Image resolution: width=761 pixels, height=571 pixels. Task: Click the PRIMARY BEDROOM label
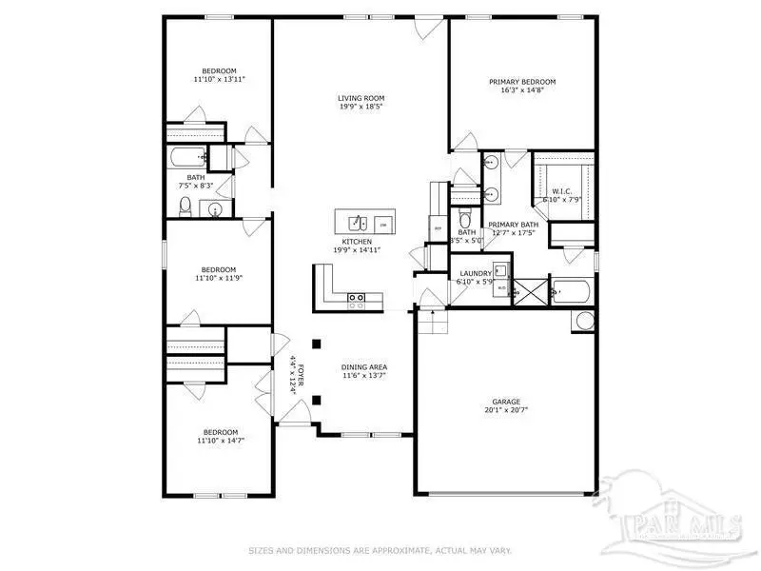point(522,82)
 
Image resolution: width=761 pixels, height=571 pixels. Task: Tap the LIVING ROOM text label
point(361,98)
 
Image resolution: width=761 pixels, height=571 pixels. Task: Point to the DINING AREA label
point(364,366)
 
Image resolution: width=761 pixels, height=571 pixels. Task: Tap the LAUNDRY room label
point(475,274)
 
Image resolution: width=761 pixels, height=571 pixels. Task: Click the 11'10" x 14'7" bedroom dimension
point(217,441)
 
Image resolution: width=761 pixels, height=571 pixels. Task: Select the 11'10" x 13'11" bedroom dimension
point(219,79)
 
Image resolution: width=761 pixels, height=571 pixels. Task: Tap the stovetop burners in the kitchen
point(357,302)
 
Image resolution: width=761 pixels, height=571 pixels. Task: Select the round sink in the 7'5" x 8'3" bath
point(217,209)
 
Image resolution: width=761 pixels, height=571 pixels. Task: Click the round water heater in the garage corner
point(580,322)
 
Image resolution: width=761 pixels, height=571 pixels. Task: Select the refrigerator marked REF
point(438,228)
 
